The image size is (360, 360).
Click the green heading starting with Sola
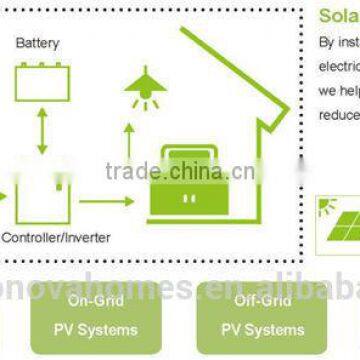(x=338, y=16)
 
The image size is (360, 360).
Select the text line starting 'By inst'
(x=338, y=44)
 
